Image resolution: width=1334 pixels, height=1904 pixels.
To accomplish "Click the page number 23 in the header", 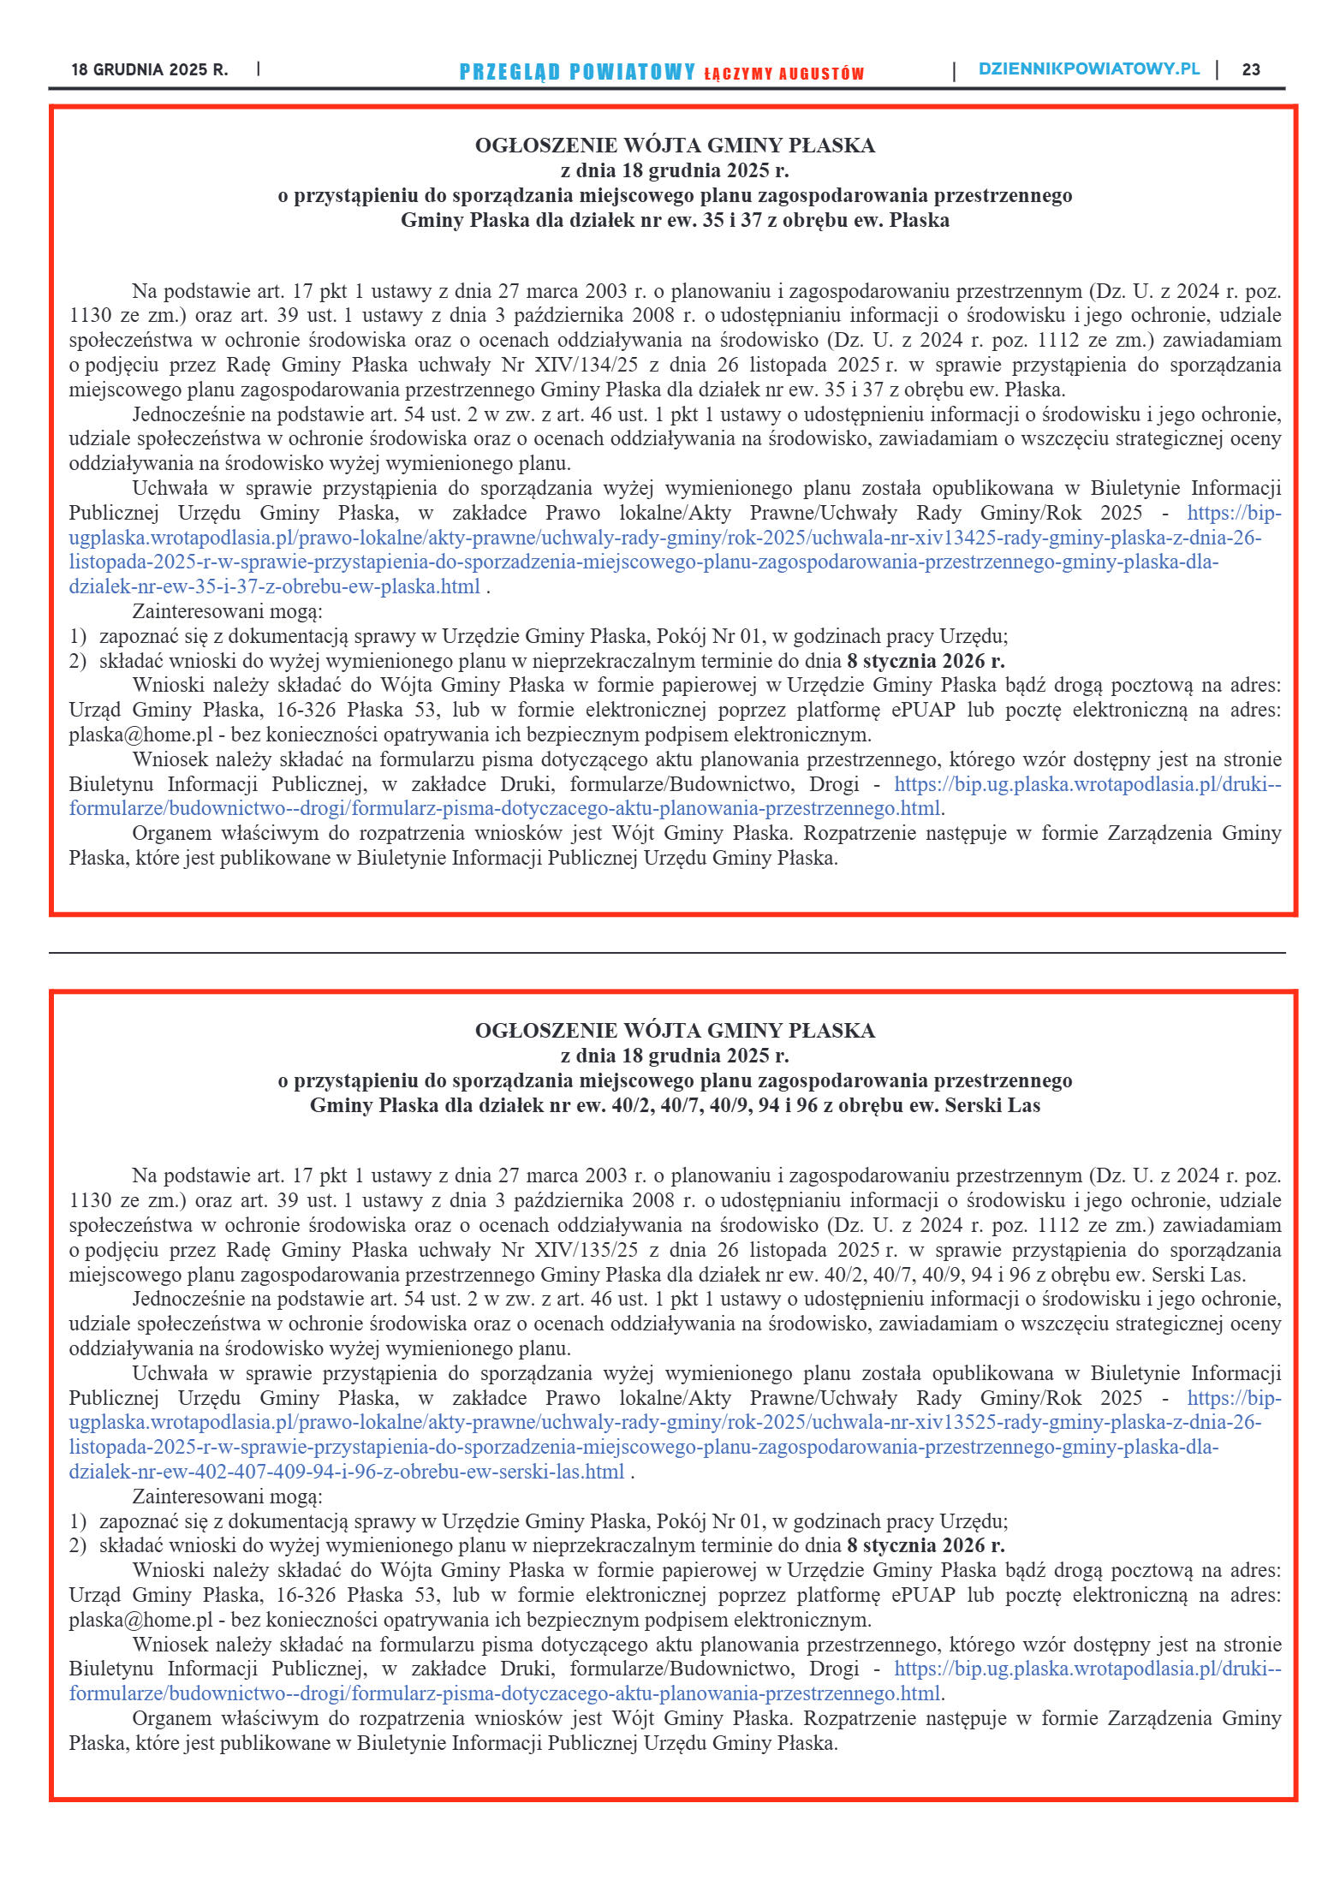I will click(x=1250, y=70).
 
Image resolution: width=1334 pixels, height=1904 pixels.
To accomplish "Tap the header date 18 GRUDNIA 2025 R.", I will click(x=150, y=70).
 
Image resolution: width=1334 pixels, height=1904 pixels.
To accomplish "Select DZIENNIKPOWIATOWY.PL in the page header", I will click(x=1088, y=69).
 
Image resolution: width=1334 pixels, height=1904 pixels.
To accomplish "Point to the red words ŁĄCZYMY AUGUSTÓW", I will click(x=783, y=74).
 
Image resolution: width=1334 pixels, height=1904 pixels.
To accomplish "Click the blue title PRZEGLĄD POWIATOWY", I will click(x=577, y=72).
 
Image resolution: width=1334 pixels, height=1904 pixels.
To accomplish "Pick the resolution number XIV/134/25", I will click(x=586, y=365).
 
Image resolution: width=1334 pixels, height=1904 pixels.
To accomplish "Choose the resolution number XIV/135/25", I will click(x=586, y=1250).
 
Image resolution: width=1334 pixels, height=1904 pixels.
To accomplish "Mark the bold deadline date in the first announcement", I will click(x=926, y=661).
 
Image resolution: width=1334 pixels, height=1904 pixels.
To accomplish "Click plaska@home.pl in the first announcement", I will click(x=140, y=735).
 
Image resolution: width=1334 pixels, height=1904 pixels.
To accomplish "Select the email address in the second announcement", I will click(x=140, y=1620).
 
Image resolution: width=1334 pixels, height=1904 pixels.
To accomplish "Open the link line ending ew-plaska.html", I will click(x=274, y=586).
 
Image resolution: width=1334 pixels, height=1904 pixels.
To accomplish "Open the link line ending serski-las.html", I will click(x=346, y=1472).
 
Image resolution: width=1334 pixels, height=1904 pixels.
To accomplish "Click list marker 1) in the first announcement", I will click(x=78, y=636).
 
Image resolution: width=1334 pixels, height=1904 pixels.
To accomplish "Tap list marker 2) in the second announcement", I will click(x=78, y=1545).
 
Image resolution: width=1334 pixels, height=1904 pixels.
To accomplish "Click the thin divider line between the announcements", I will click(x=667, y=952).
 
